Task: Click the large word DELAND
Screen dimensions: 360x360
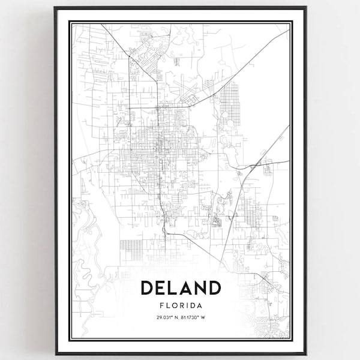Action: pyautogui.click(x=181, y=288)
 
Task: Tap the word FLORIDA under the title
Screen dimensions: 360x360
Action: pyautogui.click(x=181, y=305)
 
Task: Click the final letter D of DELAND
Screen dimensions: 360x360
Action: pyautogui.click(x=214, y=288)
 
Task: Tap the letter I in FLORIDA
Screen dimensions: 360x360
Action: pyautogui.click(x=188, y=305)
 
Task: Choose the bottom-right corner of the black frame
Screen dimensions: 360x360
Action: pyautogui.click(x=306, y=353)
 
